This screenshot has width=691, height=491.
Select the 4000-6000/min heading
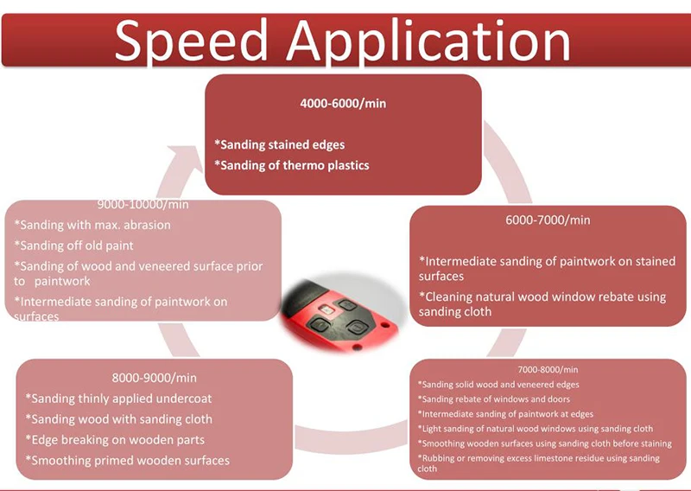click(343, 103)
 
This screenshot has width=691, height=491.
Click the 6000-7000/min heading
click(548, 220)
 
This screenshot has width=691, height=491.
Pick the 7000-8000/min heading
click(548, 368)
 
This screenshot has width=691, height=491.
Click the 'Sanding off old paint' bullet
click(73, 245)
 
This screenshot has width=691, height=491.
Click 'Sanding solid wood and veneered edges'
click(498, 384)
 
